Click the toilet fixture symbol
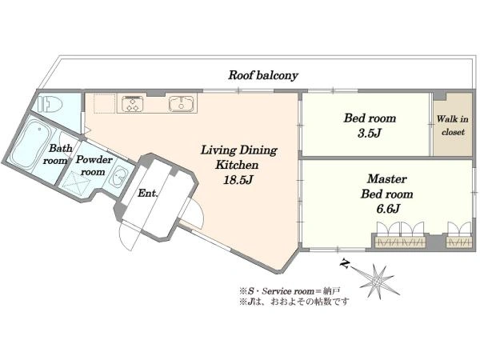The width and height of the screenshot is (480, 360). tap(50, 104)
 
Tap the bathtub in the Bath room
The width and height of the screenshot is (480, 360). tap(30, 144)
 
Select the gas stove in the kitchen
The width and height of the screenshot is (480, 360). tap(133, 103)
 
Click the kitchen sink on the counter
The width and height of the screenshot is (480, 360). tap(182, 103)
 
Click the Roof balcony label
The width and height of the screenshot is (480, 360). tap(263, 75)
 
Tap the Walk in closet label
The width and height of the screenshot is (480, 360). tap(453, 126)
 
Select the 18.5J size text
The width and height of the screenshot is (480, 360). tap(238, 180)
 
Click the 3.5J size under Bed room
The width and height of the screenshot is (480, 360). tap(370, 133)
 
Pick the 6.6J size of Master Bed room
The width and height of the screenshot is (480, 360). tap(387, 209)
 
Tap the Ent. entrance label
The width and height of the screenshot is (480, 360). tap(148, 193)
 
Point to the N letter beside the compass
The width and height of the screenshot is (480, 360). tap(345, 264)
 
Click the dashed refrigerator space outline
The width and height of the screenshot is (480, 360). tap(104, 103)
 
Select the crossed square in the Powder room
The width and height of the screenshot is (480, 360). tap(77, 183)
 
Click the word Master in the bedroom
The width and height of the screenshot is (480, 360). tap(387, 178)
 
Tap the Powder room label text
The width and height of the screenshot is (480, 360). tap(94, 166)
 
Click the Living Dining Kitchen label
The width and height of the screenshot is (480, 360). tap(238, 158)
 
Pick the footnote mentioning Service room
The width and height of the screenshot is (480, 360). tap(290, 291)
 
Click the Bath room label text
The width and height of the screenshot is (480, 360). tap(58, 154)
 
